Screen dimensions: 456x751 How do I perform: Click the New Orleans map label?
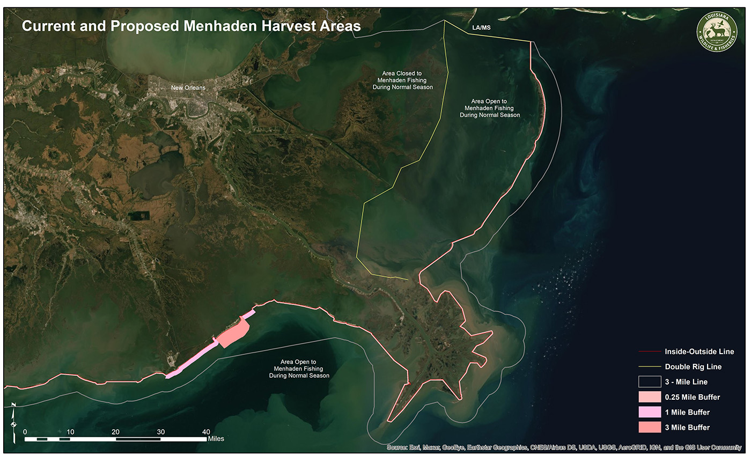coord(188,88)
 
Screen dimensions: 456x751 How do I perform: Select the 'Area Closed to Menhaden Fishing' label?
coord(407,80)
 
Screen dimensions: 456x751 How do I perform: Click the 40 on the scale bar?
coord(206,432)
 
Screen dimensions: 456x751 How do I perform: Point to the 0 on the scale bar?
coord(25,432)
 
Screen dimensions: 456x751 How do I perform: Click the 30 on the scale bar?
coord(160,432)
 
